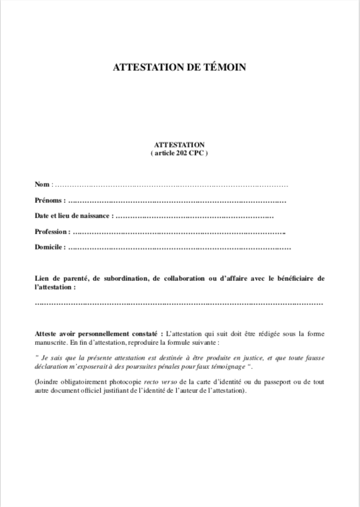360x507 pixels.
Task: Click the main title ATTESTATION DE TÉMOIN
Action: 179,67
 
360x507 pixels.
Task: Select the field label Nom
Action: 42,184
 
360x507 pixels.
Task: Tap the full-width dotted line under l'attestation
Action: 179,304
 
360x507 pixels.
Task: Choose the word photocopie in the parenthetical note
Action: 111,382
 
